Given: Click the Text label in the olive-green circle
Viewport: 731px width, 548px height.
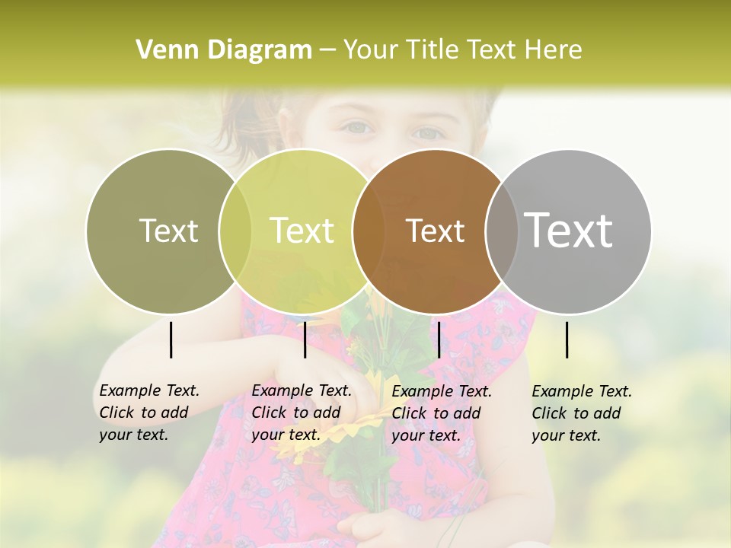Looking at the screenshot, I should click(168, 231).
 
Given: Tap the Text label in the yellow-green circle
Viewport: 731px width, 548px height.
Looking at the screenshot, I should click(302, 231).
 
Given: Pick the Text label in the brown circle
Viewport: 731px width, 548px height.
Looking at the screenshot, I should click(435, 231).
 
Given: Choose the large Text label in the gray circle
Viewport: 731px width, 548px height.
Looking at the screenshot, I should click(569, 231).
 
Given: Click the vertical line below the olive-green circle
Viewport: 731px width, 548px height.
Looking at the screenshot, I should click(171, 339).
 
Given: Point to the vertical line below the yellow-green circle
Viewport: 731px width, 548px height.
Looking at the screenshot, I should click(305, 339).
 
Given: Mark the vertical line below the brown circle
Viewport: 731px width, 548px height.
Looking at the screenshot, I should click(439, 339).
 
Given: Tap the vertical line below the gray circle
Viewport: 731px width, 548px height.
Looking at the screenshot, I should click(567, 339).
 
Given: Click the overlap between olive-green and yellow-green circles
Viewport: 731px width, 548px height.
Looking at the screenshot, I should click(235, 231).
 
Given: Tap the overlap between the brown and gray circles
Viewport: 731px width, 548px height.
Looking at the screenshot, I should click(502, 231).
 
